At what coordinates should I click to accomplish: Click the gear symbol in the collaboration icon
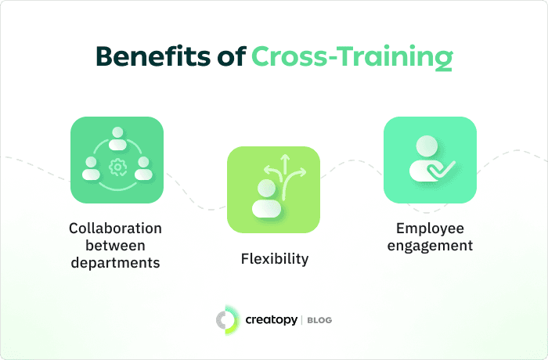coord(117,166)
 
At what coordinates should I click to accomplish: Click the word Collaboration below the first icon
coord(116,229)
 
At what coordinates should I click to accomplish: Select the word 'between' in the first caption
coord(116,246)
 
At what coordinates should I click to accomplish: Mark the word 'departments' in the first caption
coord(116,263)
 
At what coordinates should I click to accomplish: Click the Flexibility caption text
coord(274,258)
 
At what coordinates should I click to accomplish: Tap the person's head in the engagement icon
coord(427,146)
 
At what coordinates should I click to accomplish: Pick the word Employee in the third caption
coord(430,229)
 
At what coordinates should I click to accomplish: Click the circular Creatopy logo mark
coord(227,319)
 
